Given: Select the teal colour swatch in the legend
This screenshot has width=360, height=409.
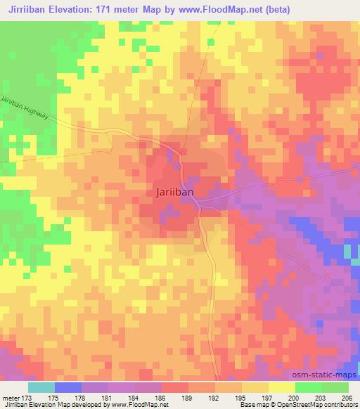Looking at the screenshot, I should pos(41,387).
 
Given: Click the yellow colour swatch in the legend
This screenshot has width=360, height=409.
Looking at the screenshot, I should pos(282,387).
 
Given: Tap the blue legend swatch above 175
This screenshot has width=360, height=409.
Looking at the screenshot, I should pos(68,387).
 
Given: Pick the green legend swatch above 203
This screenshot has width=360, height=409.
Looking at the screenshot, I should pos(309,387).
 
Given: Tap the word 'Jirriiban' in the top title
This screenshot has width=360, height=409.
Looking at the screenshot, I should pos(25,8).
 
